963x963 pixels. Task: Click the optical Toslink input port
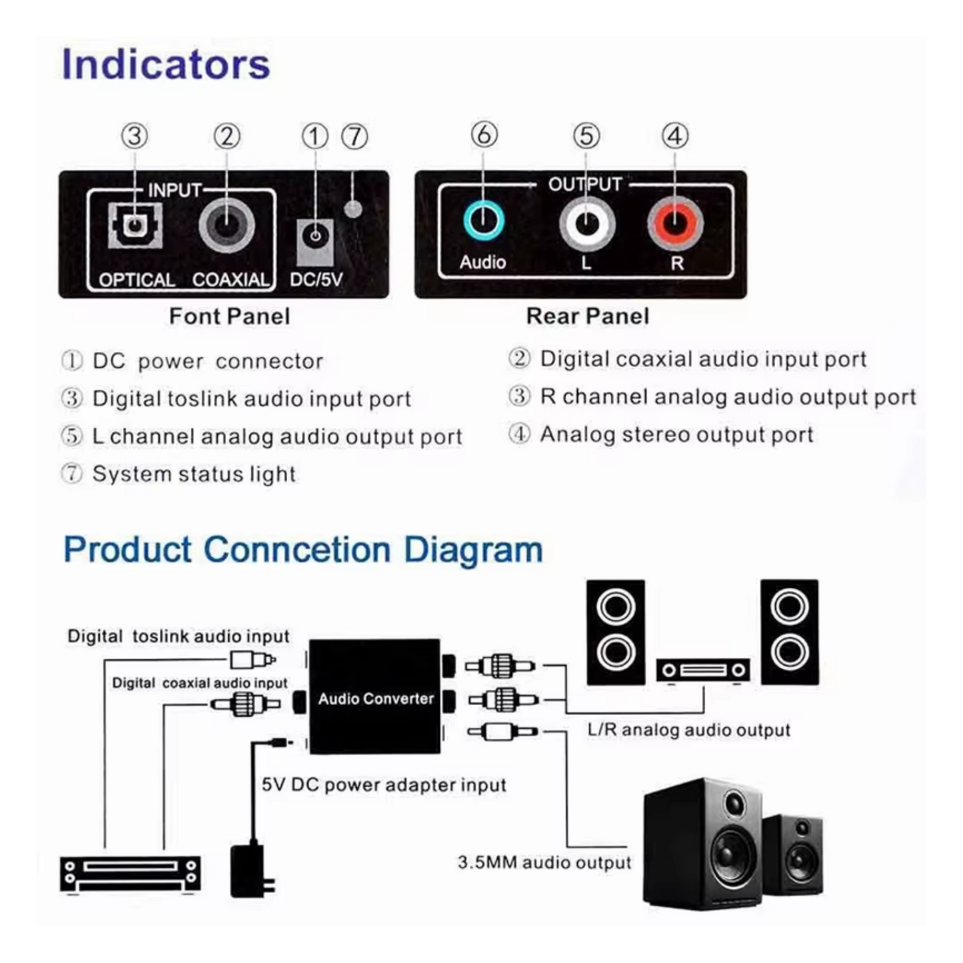point(135,225)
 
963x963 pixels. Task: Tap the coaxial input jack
point(227,225)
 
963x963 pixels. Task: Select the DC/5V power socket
point(315,236)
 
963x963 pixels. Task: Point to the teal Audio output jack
point(483,220)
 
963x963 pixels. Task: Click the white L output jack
point(586,224)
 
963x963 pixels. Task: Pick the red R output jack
point(675,224)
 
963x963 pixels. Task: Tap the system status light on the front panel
point(353,209)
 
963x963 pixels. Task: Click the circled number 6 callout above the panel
point(484,135)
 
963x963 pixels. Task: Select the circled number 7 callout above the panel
point(355,137)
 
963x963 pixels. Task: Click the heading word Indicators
point(165,65)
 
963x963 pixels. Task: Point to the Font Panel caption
point(229,316)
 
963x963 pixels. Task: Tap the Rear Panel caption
point(587,316)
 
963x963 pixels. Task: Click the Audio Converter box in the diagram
point(375,697)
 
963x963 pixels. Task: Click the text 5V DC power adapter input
point(384,785)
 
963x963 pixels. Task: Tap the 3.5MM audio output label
point(544,862)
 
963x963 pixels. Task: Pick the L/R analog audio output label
point(688,730)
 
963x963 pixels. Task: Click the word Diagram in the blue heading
point(473,550)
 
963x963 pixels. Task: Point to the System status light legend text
point(193,475)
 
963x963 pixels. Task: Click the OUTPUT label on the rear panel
point(584,184)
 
